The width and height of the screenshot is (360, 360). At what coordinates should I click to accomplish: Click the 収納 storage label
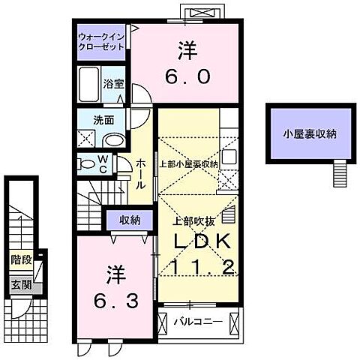click(130, 219)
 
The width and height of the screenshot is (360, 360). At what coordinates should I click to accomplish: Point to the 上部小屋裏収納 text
click(188, 163)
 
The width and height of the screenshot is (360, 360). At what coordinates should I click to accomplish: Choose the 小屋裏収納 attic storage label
click(309, 134)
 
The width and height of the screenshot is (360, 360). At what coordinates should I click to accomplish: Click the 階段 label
click(20, 260)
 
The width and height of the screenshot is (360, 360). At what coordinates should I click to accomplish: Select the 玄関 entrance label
click(20, 284)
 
